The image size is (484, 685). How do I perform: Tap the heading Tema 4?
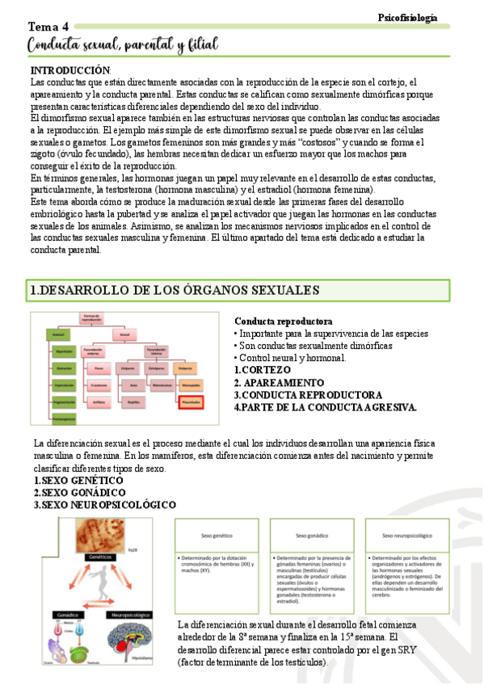48,27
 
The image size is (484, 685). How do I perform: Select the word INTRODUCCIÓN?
69,71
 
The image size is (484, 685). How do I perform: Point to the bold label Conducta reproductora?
283,321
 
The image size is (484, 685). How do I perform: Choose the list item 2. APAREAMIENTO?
279,382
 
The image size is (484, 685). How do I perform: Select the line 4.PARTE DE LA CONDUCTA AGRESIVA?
325,407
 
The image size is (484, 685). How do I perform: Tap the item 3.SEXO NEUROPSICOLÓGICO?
104,504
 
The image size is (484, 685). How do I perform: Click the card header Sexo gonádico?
311,535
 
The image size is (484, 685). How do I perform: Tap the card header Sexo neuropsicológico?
406,535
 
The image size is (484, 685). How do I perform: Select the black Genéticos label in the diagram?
99,557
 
